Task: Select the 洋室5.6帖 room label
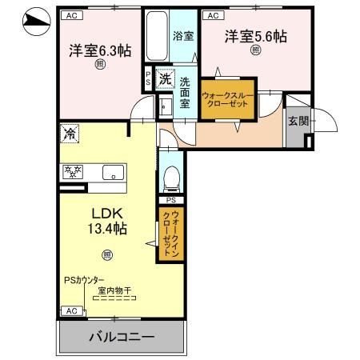(x=255, y=36)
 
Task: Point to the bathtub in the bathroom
(x=156, y=36)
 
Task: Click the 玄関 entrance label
(x=298, y=120)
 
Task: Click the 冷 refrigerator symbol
(x=70, y=133)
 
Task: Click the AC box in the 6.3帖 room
(x=70, y=15)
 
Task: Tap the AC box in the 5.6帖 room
(x=213, y=15)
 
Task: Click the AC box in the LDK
(x=70, y=310)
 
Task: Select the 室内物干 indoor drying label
(x=115, y=290)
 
